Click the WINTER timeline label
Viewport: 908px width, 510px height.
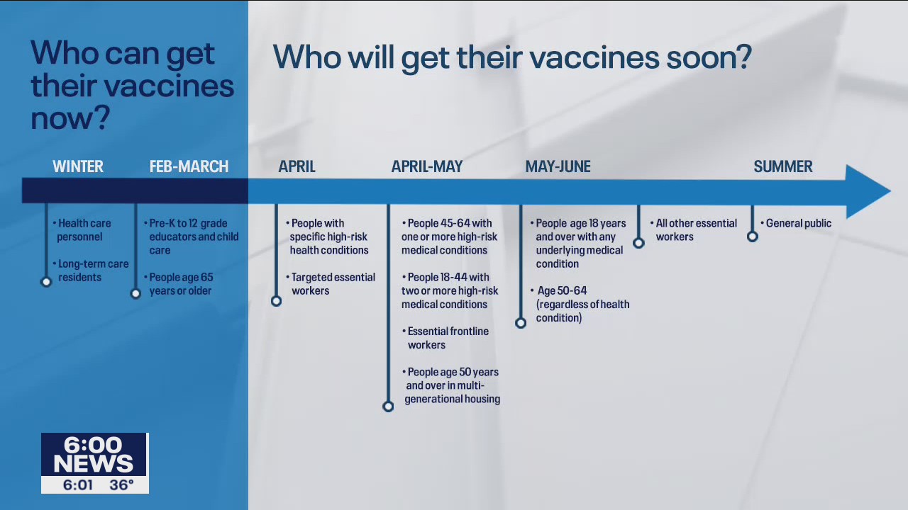coord(78,166)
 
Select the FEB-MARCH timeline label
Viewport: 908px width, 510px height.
coord(189,166)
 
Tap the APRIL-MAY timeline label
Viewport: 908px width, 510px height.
coord(426,166)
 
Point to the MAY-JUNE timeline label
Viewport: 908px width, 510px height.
coord(558,166)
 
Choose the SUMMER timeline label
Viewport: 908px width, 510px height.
coord(782,166)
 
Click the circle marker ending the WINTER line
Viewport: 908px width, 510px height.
coord(46,282)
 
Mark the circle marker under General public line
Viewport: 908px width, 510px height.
coord(753,237)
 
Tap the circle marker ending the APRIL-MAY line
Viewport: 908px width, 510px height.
coord(388,407)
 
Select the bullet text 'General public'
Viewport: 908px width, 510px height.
coord(798,223)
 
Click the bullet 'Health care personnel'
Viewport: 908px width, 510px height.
coord(84,230)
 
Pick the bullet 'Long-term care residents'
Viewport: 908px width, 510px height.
coord(92,271)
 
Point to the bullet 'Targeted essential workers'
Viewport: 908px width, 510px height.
coord(332,284)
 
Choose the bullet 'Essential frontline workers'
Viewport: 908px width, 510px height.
coord(447,338)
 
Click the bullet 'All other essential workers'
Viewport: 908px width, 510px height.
coord(695,230)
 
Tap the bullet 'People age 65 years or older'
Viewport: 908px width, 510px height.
coord(181,284)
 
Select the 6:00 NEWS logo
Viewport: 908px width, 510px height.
coord(94,454)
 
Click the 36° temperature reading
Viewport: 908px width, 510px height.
coord(121,485)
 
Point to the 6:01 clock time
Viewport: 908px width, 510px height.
coord(78,485)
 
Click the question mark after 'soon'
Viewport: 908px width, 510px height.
coord(744,57)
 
